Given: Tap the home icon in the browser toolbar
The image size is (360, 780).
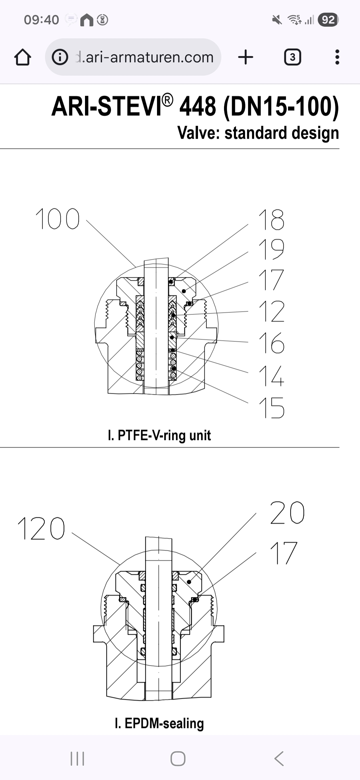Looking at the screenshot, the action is (23, 57).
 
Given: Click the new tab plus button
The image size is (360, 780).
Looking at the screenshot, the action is (246, 57).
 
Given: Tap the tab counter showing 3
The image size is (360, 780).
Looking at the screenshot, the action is (292, 57).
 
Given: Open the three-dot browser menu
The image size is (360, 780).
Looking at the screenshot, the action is (337, 57).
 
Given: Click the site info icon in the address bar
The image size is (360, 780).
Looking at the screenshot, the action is (60, 57).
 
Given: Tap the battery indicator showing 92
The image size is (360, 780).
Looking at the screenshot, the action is (328, 20).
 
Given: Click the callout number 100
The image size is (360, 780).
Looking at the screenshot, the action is (57, 219).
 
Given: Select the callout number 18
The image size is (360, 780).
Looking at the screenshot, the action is (271, 220).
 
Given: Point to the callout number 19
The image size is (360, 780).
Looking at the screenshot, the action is (271, 249).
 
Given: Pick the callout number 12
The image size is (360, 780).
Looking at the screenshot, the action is (271, 311).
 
